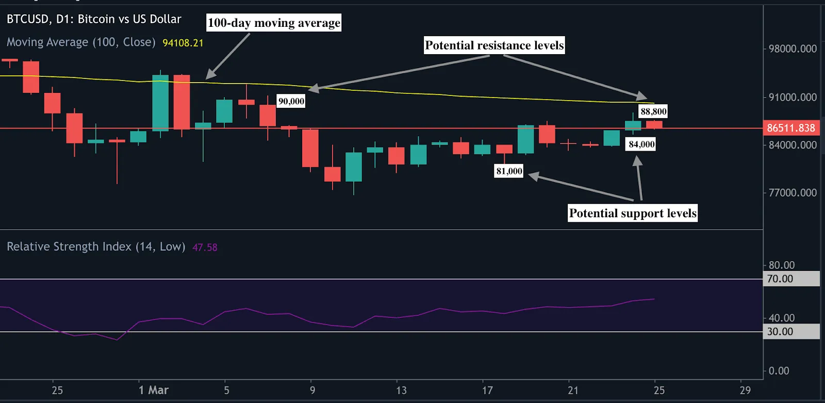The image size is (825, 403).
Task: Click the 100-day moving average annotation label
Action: tap(274, 23)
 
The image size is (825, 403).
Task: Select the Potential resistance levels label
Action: tap(494, 45)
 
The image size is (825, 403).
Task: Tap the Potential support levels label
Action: tap(633, 213)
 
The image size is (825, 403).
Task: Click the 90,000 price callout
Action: tap(291, 101)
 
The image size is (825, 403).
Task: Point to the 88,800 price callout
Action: tap(653, 111)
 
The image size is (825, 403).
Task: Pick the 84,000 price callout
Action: tap(641, 144)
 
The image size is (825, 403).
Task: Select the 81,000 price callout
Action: tap(509, 171)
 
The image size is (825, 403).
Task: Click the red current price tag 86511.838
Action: tap(791, 128)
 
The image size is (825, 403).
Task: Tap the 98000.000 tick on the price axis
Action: tap(793, 49)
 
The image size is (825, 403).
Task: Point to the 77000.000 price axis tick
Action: tap(793, 193)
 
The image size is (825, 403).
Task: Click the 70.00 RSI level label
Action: tap(780, 279)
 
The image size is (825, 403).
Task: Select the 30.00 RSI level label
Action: tap(780, 332)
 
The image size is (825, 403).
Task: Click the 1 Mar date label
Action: tap(154, 390)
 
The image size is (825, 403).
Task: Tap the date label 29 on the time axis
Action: tap(745, 390)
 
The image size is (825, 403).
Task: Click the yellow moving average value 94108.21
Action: tap(183, 43)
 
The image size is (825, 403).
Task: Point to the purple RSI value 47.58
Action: tap(205, 248)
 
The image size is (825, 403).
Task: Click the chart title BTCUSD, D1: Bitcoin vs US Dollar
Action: tap(94, 19)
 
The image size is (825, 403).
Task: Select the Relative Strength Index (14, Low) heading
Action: tap(96, 247)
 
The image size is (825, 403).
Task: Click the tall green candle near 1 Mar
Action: tap(160, 103)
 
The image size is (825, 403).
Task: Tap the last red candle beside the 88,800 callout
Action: tap(654, 125)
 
